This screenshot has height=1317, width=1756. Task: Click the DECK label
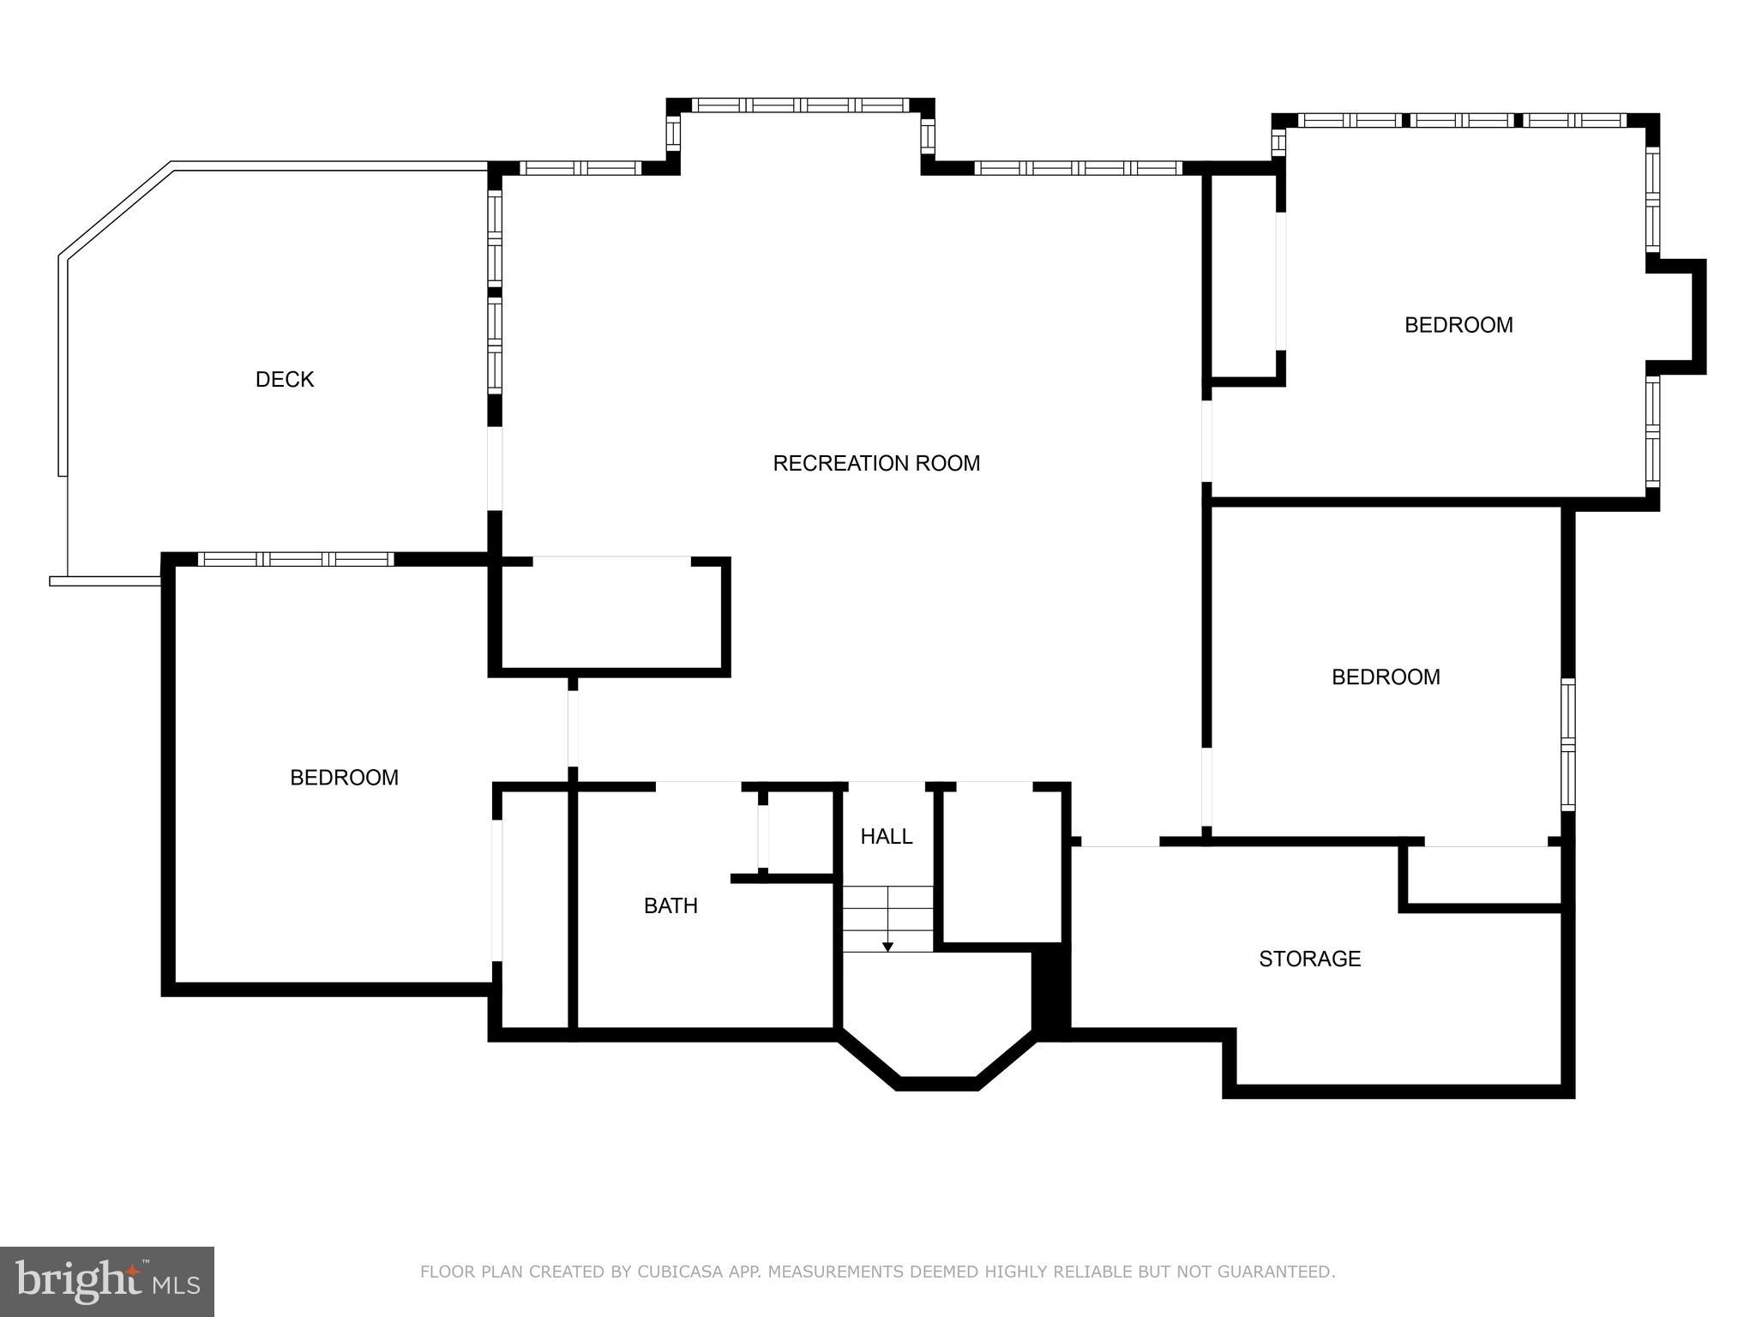pyautogui.click(x=285, y=379)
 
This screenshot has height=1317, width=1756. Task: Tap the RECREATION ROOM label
pyautogui.click(x=875, y=463)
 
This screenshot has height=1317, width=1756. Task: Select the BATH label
pyautogui.click(x=671, y=905)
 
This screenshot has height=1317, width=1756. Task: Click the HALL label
pyautogui.click(x=886, y=836)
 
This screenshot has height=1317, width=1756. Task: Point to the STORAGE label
pyautogui.click(x=1309, y=959)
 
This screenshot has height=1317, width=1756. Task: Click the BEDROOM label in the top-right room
pyautogui.click(x=1458, y=325)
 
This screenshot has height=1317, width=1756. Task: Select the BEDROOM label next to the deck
pyautogui.click(x=344, y=778)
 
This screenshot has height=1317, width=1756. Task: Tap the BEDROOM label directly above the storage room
pyautogui.click(x=1385, y=677)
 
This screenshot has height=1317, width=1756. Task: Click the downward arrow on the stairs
pyautogui.click(x=887, y=946)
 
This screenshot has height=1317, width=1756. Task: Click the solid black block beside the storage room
pyautogui.click(x=1050, y=990)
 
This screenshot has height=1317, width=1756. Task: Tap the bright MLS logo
pyautogui.click(x=107, y=1282)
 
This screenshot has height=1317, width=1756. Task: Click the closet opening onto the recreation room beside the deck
pyautogui.click(x=610, y=613)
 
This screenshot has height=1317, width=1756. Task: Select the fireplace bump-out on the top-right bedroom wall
pyautogui.click(x=1676, y=316)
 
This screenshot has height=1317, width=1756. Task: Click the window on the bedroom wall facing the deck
pyautogui.click(x=296, y=559)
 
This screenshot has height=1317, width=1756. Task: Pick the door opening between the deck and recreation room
pyautogui.click(x=495, y=469)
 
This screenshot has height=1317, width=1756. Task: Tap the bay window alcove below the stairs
pyautogui.click(x=937, y=1020)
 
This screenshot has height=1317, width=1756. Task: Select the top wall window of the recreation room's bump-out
pyautogui.click(x=800, y=105)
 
